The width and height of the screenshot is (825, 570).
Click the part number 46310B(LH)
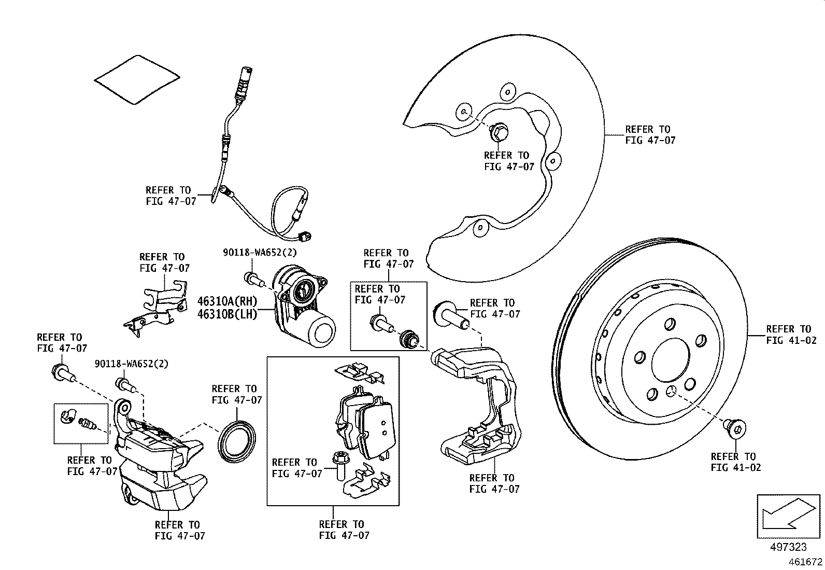[227, 314]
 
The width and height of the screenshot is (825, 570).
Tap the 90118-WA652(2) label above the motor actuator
[260, 253]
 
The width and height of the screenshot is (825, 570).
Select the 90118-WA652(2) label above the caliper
[131, 364]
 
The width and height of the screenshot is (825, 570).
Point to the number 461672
[805, 562]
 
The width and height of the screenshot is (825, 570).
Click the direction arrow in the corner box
[788, 516]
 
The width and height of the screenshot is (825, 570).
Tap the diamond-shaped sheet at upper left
[137, 79]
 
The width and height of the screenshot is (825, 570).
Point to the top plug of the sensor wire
[244, 79]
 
